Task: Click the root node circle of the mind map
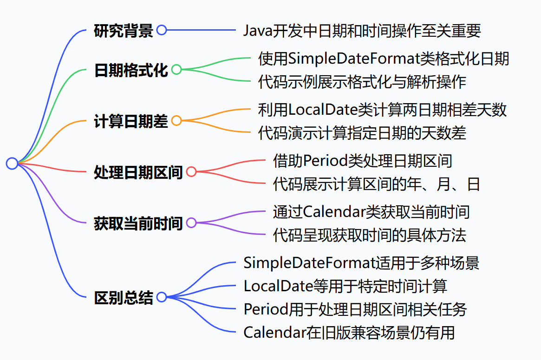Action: tap(12, 163)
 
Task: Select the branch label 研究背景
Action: tap(123, 31)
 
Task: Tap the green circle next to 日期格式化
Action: tap(176, 70)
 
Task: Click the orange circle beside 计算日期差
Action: tap(176, 121)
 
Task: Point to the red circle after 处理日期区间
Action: tap(191, 172)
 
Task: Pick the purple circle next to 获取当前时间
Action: tap(191, 223)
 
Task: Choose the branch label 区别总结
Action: tap(123, 297)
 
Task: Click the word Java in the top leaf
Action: tap(257, 31)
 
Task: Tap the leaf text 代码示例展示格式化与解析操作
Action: tap(362, 82)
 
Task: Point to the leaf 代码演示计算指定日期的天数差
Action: tap(362, 133)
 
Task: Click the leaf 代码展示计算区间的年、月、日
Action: tap(377, 184)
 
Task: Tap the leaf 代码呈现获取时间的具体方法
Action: tap(370, 236)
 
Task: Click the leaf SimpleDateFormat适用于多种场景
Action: tap(361, 263)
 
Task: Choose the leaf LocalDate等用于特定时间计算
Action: tap(345, 286)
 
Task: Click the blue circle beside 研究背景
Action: tap(161, 31)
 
